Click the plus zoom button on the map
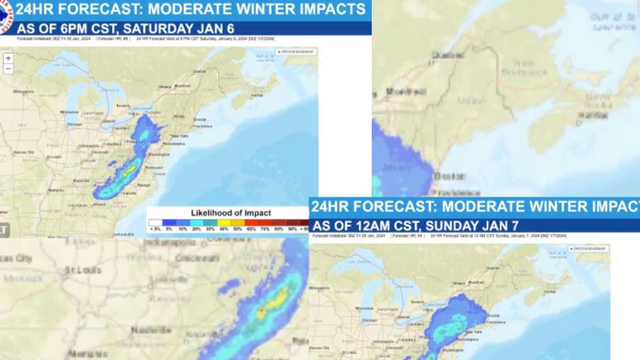(x=8, y=58)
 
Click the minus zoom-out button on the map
(x=8, y=69)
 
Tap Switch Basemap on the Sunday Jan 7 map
(x=588, y=249)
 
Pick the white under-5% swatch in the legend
(x=155, y=222)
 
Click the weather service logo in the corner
(x=5, y=16)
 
